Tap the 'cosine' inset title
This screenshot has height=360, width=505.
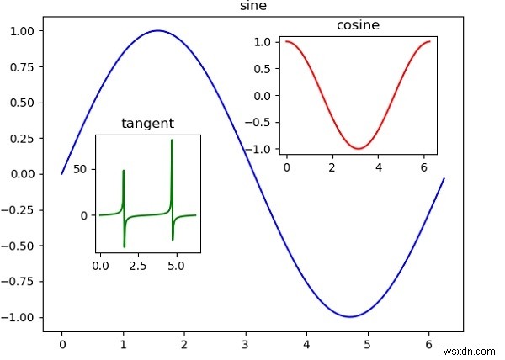point(358,25)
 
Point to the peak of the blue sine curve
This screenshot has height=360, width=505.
point(157,31)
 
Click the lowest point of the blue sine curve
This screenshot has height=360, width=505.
point(348,316)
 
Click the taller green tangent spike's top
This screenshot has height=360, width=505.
point(172,140)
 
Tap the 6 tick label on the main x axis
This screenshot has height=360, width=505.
point(429,343)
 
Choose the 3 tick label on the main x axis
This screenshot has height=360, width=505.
point(246,343)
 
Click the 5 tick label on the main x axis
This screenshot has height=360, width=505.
point(368,343)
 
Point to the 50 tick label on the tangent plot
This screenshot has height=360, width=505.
point(81,170)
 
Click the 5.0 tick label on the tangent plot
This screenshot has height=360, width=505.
point(177,266)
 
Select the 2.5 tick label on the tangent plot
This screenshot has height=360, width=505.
point(139,266)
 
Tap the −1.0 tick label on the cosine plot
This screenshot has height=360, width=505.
point(263,149)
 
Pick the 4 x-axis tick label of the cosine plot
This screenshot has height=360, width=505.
point(379,167)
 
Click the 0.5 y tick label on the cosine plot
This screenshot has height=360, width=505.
point(266,68)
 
